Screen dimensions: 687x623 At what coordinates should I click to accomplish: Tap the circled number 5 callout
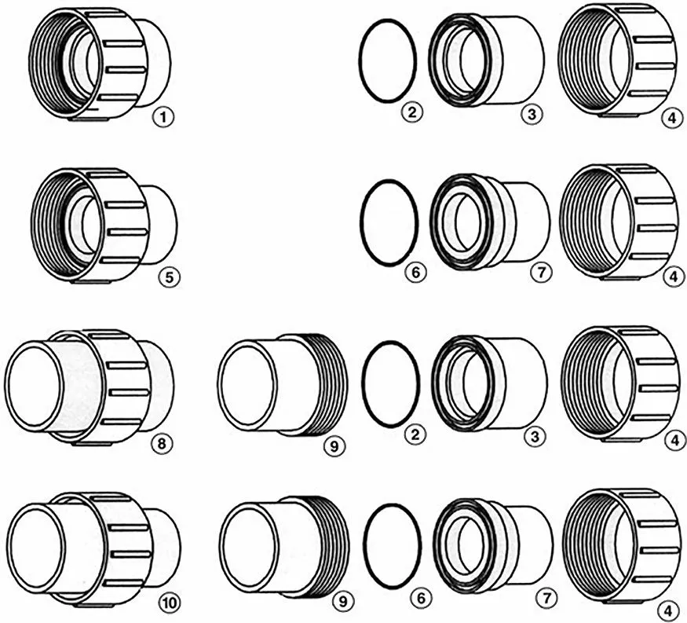170,277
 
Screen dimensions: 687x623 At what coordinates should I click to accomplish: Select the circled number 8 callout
162,444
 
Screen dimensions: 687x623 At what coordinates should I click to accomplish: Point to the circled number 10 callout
170,603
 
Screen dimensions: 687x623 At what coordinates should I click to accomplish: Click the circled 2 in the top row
412,112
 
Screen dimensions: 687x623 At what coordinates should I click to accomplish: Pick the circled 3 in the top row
532,115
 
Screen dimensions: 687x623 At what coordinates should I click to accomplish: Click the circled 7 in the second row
541,273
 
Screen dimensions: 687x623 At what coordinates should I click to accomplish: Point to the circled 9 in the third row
334,446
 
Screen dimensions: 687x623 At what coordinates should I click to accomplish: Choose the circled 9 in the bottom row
342,602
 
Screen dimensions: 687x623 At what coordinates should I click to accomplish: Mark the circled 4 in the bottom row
667,610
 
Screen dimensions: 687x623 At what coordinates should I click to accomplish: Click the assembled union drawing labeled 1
100,62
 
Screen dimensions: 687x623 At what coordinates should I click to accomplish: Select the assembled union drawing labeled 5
104,225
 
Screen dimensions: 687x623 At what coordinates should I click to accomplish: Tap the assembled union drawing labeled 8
90,387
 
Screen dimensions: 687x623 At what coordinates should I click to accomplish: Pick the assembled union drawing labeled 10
95,550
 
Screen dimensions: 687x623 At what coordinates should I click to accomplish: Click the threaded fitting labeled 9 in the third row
283,384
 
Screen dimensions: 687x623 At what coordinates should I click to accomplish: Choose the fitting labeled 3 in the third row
489,383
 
